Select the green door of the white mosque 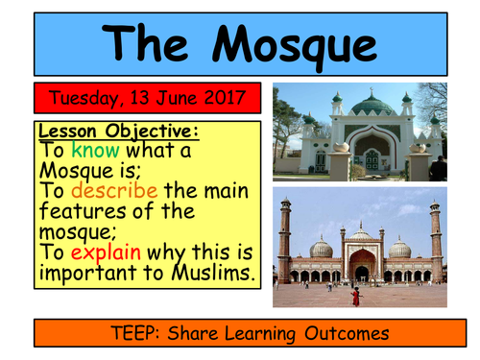(372, 159)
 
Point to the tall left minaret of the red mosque (284, 240)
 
